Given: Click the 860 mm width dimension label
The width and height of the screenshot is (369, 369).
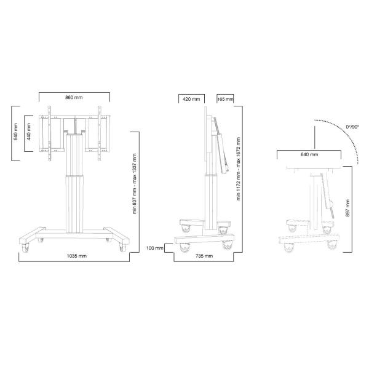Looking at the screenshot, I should pos(74,98).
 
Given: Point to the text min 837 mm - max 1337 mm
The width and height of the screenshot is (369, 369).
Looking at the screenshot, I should pos(134,184).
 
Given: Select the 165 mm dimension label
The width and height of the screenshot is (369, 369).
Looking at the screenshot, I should pos(225,99).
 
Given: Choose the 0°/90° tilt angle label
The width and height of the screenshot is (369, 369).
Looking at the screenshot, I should pos(354,127).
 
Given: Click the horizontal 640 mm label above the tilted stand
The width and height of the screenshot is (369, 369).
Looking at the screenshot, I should pos(309,155).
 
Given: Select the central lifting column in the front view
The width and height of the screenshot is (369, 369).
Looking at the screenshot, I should pos(74,184).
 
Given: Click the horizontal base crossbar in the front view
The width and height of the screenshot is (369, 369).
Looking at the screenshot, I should pos(74,236).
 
